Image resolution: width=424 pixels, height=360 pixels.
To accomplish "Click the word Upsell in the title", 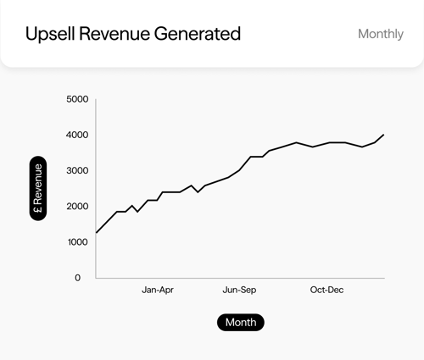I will click(x=47, y=34).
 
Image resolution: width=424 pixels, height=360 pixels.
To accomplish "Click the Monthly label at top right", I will click(x=381, y=35).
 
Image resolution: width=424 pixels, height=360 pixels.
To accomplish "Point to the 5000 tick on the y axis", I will click(x=77, y=100).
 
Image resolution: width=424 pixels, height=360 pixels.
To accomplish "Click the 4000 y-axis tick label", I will click(x=77, y=136).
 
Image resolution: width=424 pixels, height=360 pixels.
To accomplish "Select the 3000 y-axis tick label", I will click(x=77, y=171).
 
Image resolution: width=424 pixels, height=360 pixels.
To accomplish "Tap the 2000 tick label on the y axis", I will click(x=77, y=207).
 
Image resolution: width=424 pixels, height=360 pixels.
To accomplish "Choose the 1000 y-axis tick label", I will click(x=77, y=242).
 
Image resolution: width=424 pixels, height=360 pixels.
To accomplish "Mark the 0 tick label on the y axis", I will click(x=77, y=278).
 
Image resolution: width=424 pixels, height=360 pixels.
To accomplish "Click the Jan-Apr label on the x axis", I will click(x=158, y=291).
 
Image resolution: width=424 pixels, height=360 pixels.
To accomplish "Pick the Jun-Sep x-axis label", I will click(x=240, y=291).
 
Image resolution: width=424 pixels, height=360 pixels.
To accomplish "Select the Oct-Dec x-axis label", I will click(x=326, y=291).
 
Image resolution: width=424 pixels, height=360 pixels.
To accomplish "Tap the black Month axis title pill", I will click(x=241, y=323).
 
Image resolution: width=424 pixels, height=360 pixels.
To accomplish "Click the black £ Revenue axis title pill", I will click(x=38, y=189).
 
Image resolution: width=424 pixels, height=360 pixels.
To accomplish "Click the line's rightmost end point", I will click(x=384, y=135).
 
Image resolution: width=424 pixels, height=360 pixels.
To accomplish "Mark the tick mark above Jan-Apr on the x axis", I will click(x=158, y=279).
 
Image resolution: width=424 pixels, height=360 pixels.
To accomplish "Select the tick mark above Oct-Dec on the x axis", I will click(x=326, y=279).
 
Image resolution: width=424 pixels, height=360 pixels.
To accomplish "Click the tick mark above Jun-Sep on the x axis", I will click(x=240, y=279).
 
